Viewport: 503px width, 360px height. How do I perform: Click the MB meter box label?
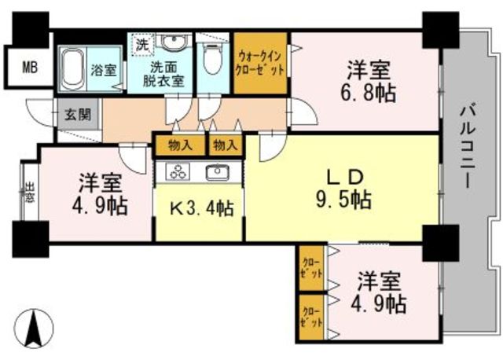(x=30, y=68)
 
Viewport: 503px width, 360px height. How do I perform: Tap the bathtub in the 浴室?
(x=73, y=68)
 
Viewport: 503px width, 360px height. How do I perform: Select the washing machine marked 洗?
(x=143, y=45)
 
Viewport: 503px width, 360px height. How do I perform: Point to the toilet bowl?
(x=213, y=57)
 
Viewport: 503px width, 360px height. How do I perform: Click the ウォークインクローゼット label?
(x=260, y=64)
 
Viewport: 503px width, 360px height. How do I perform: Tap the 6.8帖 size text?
(x=368, y=94)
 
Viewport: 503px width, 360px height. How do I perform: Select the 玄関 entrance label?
(x=78, y=114)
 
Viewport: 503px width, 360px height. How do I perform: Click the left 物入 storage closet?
(x=180, y=146)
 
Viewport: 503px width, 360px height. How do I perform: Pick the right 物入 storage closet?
(x=226, y=146)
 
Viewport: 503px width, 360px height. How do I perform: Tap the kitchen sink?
(x=217, y=172)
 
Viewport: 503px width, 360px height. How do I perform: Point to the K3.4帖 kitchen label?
(x=201, y=209)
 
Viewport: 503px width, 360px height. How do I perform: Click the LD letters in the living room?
(x=345, y=177)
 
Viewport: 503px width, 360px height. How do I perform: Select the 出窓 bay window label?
(x=30, y=192)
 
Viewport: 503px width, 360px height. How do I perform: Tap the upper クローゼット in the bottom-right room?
(x=311, y=268)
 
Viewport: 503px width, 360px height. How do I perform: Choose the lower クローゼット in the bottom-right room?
(x=311, y=318)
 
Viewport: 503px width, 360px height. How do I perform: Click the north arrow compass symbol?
(x=34, y=329)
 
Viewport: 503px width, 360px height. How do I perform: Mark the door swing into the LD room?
(x=272, y=146)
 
